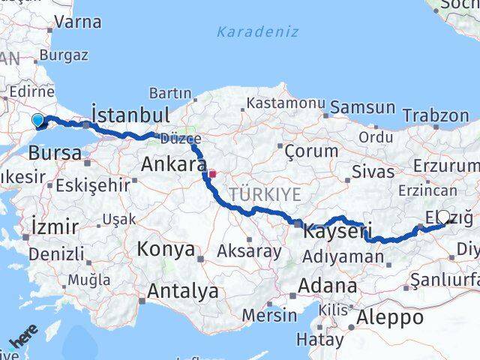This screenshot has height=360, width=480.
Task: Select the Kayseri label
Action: tap(337, 232)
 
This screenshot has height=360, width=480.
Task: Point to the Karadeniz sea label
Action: tap(257, 32)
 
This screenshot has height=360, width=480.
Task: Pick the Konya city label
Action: tap(166, 249)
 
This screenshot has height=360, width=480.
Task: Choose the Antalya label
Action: tap(183, 291)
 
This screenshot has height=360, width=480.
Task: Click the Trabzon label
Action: tap(435, 115)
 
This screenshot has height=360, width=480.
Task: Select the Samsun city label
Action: tap(362, 107)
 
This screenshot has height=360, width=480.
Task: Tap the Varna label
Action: tap(78, 22)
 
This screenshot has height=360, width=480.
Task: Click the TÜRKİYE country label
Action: tap(265, 194)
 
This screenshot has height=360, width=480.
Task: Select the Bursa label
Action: tap(55, 153)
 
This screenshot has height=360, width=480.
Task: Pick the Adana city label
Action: tap(327, 286)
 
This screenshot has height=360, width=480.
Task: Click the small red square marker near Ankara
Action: tap(212, 173)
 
